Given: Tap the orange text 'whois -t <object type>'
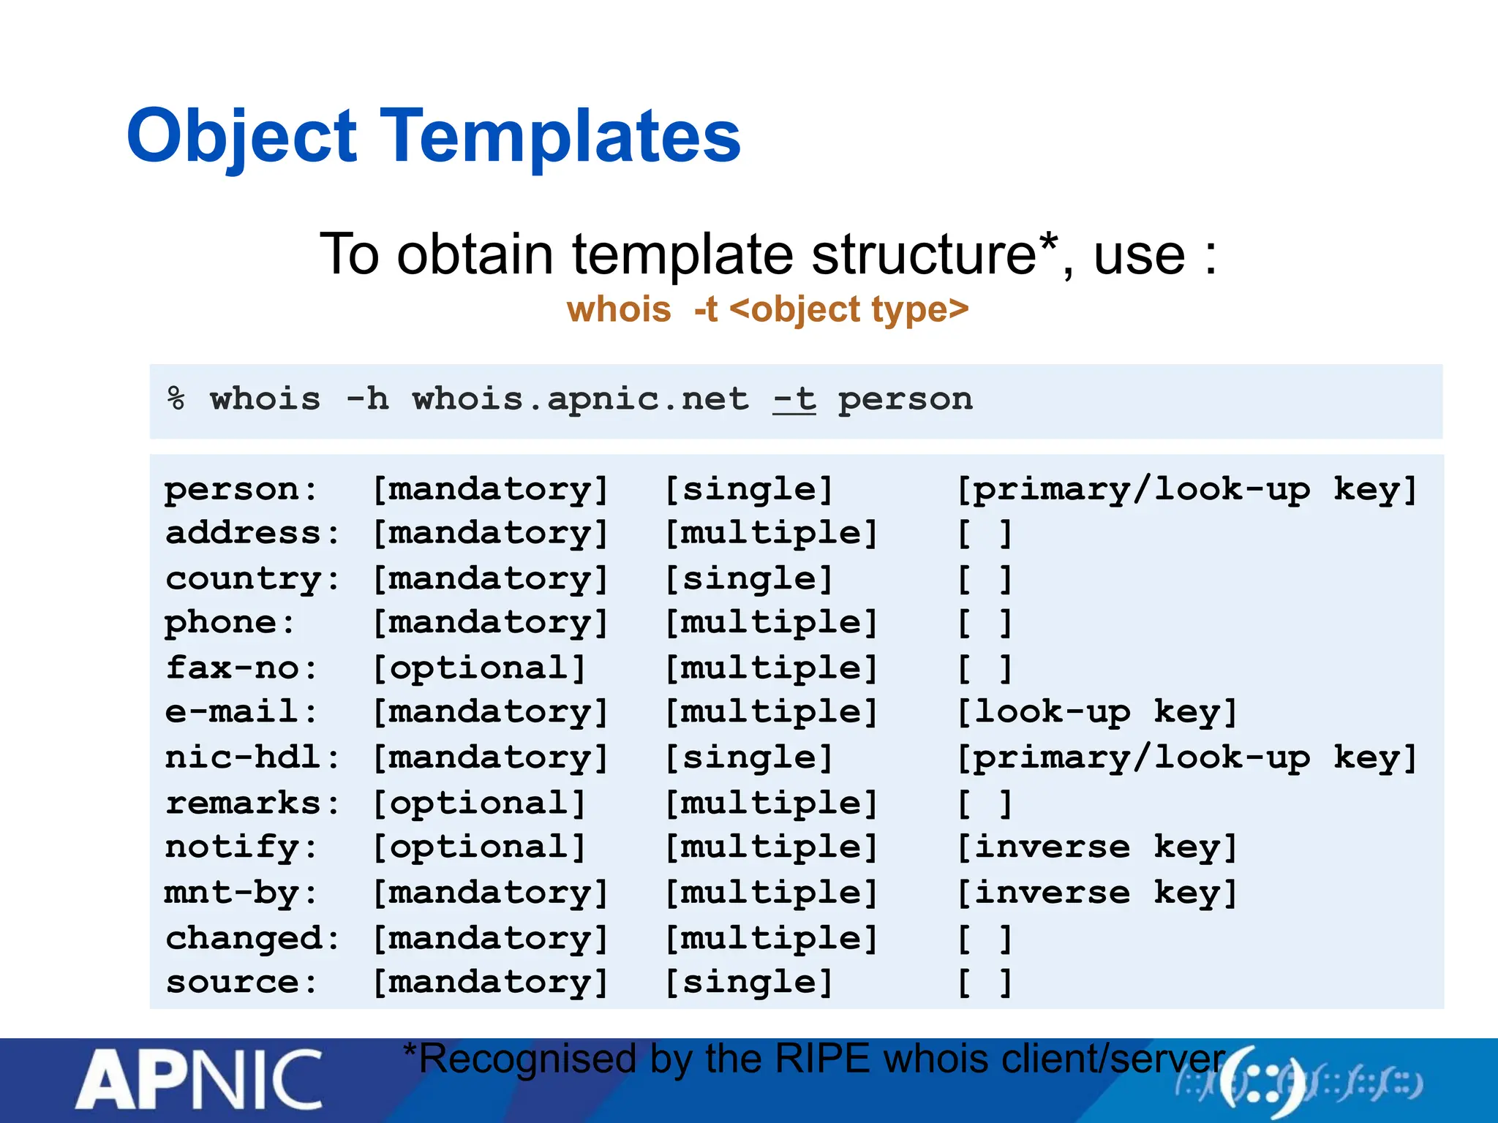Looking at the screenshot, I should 767,309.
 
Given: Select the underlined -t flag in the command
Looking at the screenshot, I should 794,400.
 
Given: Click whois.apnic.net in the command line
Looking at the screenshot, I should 581,400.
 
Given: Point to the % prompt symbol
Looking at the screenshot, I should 176,399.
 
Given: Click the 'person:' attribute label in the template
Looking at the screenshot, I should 241,489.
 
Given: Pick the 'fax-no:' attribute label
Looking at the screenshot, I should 241,668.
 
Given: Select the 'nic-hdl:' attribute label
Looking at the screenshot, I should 252,757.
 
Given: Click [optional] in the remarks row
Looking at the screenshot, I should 479,803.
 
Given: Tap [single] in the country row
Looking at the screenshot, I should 749,579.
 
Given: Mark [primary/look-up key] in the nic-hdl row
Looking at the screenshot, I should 1187,757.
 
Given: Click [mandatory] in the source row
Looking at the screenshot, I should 490,982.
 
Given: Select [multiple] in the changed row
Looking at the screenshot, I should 771,938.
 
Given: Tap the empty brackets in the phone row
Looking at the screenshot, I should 985,623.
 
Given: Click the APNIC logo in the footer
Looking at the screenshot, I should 199,1081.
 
